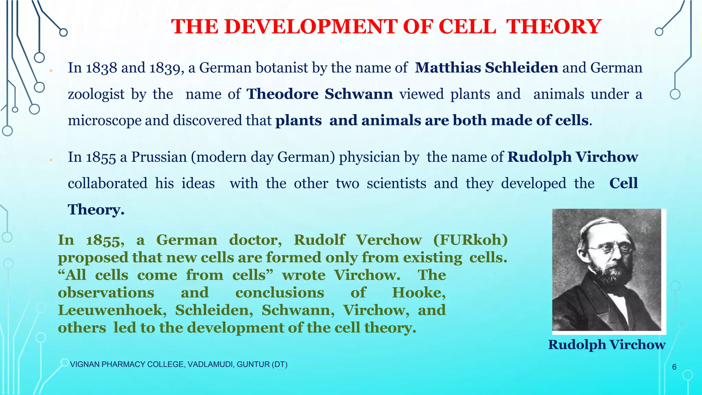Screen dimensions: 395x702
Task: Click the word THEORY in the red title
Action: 554,27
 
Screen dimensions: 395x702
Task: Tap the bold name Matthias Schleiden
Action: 486,68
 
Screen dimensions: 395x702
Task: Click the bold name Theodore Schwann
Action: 320,94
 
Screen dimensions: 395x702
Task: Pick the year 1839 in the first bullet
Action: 165,68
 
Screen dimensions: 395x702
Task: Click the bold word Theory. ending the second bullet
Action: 96,210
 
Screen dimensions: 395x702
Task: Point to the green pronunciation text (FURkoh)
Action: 470,240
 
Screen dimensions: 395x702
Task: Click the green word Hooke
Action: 419,292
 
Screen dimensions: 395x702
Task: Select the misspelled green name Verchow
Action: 389,240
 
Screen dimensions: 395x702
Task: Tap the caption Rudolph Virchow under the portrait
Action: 607,345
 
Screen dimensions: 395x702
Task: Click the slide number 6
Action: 674,367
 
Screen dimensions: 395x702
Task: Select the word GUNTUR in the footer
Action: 253,364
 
